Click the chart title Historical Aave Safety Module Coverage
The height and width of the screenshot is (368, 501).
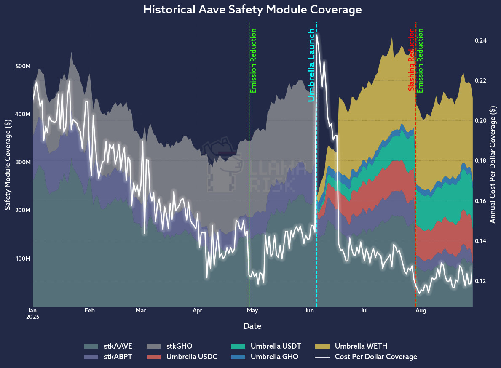pos(252,10)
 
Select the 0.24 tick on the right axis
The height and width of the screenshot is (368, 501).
pos(481,41)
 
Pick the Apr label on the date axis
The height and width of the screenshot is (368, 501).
pos(197,311)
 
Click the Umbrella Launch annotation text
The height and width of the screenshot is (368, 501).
pos(311,65)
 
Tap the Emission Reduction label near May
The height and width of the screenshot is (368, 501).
pos(253,61)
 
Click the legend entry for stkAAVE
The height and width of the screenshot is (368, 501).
pos(118,347)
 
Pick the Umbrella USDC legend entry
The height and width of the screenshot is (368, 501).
pos(192,357)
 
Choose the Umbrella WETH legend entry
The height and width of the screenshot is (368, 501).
pos(361,347)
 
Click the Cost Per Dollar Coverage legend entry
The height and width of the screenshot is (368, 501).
pos(376,357)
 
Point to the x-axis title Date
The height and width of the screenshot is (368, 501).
pos(252,326)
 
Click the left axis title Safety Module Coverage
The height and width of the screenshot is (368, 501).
pos(8,164)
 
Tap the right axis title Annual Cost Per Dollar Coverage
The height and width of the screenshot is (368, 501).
pos(493,164)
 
